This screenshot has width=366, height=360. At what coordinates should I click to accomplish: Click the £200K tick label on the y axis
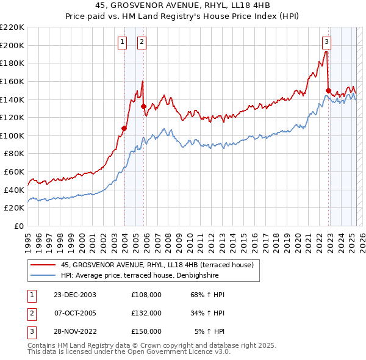coord(12,45)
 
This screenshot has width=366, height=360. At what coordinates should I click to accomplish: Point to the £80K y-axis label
coord(14,154)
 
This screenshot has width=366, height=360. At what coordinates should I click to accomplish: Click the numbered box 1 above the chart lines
coord(123,42)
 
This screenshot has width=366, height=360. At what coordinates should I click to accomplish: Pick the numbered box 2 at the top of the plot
coord(142,42)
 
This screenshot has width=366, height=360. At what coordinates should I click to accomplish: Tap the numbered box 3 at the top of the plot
coord(327,42)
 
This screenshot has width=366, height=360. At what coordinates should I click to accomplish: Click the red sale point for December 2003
coord(124,128)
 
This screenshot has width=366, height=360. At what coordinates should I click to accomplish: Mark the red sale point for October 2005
coord(143,106)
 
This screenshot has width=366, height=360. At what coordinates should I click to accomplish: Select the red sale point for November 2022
coord(328,90)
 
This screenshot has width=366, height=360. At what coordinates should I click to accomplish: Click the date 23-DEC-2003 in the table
coord(75,295)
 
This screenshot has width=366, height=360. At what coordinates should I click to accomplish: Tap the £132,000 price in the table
coord(146,313)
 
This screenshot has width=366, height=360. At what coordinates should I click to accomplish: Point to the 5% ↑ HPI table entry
coord(210,331)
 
